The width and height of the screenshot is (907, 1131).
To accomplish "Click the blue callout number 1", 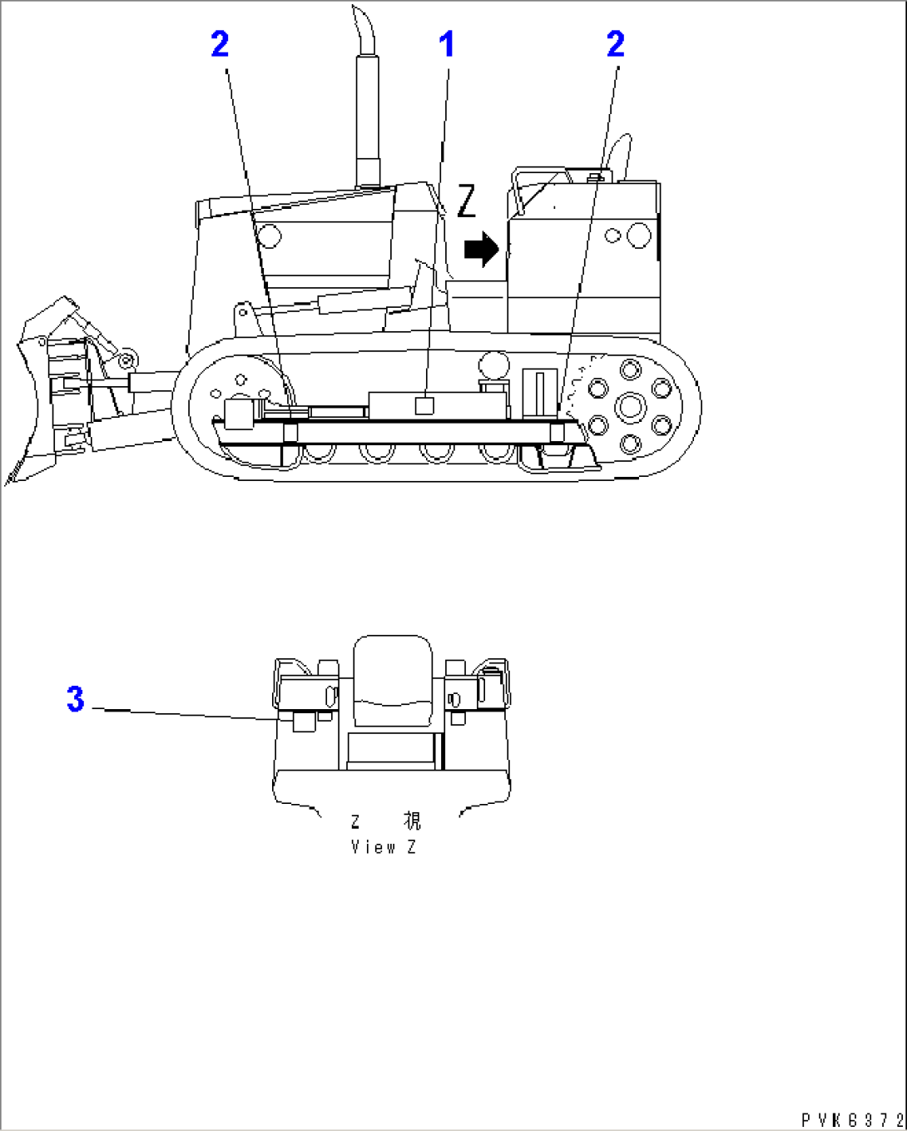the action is [447, 44].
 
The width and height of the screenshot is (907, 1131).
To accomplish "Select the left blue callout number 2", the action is [221, 44].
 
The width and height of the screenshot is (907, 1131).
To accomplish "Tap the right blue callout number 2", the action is [616, 44].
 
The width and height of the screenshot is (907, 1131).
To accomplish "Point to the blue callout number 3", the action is [76, 699].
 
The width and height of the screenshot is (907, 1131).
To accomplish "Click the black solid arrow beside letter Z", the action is [481, 250].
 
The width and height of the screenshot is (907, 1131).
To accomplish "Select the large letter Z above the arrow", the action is [466, 201].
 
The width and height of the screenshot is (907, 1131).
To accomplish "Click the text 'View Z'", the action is [384, 847].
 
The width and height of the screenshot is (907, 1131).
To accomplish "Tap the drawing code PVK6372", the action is [852, 1119].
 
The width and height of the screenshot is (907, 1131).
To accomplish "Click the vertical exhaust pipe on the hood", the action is [367, 120].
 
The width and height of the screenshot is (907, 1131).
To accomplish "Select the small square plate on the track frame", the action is [424, 406].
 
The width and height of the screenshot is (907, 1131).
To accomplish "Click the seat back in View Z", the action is [393, 681].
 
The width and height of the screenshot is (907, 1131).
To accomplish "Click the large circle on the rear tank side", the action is [639, 235].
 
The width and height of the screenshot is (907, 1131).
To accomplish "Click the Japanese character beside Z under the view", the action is [412, 821].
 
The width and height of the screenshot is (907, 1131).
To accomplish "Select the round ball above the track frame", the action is [494, 365].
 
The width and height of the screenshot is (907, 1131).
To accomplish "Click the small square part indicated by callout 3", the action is [304, 722].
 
